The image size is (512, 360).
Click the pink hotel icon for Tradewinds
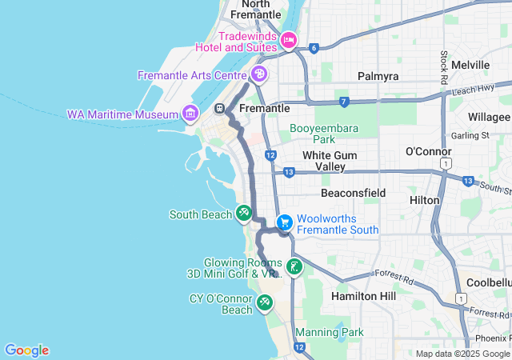pos(289,39)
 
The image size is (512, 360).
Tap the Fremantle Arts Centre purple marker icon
pos(258,74)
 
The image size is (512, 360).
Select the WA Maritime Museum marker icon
pos(190,114)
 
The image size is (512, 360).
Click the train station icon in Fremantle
pos(219,108)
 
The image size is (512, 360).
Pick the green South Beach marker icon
pos(243,214)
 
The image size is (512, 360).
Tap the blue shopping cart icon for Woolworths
pos(283,222)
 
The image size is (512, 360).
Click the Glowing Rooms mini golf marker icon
pos(294,267)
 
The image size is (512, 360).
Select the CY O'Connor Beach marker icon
pos(264,303)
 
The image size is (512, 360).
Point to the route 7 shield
pos(344,102)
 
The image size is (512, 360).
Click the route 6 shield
pos(314,48)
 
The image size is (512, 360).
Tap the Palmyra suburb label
pos(378,76)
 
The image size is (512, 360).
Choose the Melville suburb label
pos(470,65)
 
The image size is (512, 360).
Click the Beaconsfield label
pos(353,193)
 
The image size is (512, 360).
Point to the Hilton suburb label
pos(424,199)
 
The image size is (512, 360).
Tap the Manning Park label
pos(329,332)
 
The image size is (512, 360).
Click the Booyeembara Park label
pos(324,133)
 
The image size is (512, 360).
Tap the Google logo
pos(26,350)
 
